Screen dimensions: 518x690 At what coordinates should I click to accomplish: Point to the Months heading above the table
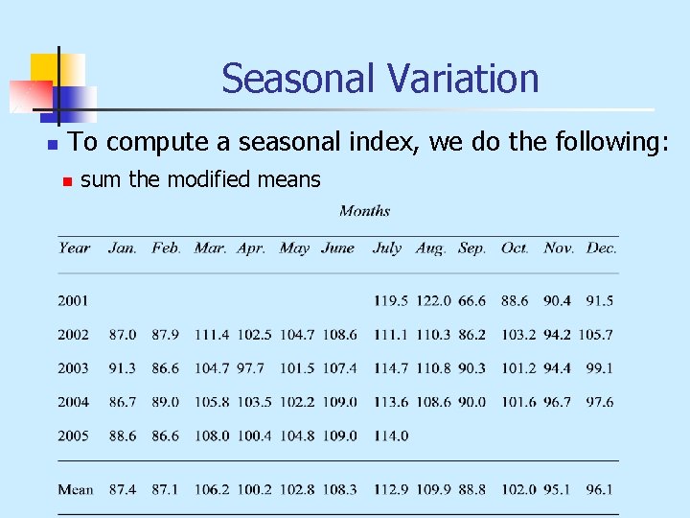tap(364, 211)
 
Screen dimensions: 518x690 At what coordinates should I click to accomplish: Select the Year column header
tap(74, 247)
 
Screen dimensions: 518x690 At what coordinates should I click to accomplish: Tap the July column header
tap(386, 247)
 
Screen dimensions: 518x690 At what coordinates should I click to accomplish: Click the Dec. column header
tap(601, 247)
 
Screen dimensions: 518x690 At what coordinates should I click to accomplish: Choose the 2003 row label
tap(73, 368)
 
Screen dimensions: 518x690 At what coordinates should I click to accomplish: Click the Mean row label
tap(76, 489)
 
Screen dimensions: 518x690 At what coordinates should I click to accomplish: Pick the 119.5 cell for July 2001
tap(390, 300)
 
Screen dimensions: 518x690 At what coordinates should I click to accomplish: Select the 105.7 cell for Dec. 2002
tap(595, 335)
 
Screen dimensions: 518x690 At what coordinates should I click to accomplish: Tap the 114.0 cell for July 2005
tap(390, 436)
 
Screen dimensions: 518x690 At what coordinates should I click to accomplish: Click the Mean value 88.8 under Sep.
tap(471, 489)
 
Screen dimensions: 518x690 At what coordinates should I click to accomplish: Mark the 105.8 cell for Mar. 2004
tap(212, 402)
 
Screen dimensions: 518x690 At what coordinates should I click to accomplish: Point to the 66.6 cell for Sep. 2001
tap(471, 300)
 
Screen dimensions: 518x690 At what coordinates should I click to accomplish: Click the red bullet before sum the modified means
tap(66, 180)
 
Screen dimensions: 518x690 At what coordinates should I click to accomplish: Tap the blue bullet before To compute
tap(52, 144)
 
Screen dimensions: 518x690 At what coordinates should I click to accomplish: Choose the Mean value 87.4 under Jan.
tap(123, 489)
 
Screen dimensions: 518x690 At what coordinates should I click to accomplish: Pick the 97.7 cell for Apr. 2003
tap(251, 368)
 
